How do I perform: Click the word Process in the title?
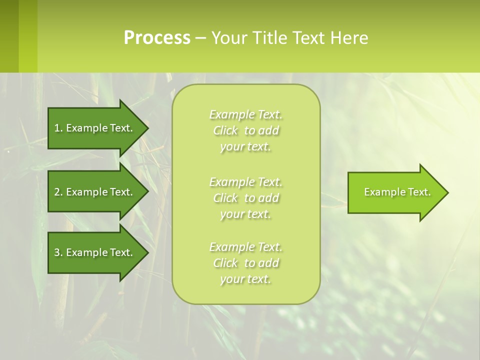[x=157, y=38]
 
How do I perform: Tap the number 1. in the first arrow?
[x=58, y=128]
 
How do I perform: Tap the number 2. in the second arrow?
[x=58, y=192]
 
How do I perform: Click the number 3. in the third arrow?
[x=58, y=252]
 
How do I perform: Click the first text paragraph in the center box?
[x=245, y=130]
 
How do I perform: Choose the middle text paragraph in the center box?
[x=245, y=197]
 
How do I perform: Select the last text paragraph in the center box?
[x=245, y=263]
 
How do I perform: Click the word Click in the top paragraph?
[x=225, y=130]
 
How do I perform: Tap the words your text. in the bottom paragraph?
[x=245, y=279]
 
